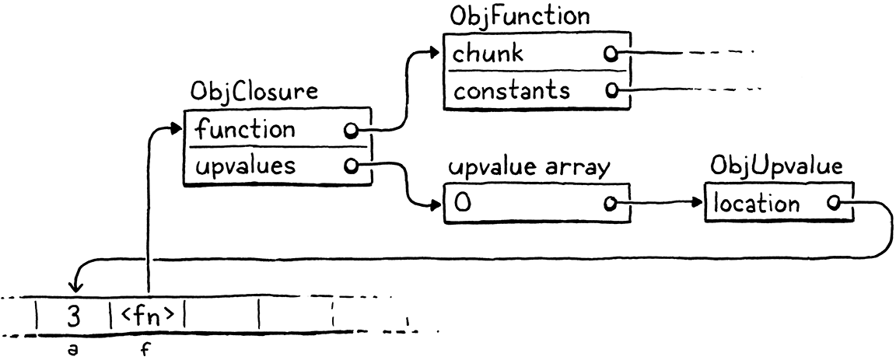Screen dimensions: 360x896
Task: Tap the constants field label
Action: coord(512,90)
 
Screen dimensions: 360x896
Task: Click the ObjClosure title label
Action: coord(254,92)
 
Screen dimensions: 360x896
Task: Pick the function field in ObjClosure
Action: coord(245,128)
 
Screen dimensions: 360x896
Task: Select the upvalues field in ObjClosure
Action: coord(245,166)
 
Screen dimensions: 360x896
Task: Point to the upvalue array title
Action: coord(526,168)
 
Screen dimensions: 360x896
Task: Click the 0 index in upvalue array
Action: coord(464,204)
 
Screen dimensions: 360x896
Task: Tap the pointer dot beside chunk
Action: coord(611,54)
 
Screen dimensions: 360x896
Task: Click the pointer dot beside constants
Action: coord(611,91)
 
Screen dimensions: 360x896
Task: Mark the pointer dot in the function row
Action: coord(352,129)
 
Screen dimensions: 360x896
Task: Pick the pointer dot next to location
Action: coord(833,204)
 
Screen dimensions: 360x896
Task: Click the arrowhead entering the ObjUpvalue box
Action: coord(698,204)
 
